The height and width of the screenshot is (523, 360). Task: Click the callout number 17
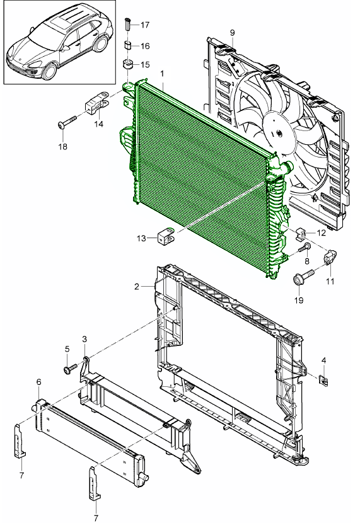(145, 25)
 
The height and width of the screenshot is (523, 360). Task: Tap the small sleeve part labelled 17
(128, 24)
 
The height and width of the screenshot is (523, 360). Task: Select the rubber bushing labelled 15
(128, 64)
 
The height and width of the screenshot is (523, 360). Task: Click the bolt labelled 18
(67, 122)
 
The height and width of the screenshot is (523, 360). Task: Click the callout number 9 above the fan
(232, 33)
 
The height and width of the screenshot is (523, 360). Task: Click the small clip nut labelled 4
(323, 380)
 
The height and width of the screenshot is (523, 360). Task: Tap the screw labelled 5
(70, 369)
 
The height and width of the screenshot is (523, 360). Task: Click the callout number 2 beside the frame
(136, 287)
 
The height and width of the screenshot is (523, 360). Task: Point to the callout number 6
(38, 382)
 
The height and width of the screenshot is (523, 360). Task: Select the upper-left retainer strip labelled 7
(20, 439)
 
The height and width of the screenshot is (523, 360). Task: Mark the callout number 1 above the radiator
(163, 73)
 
